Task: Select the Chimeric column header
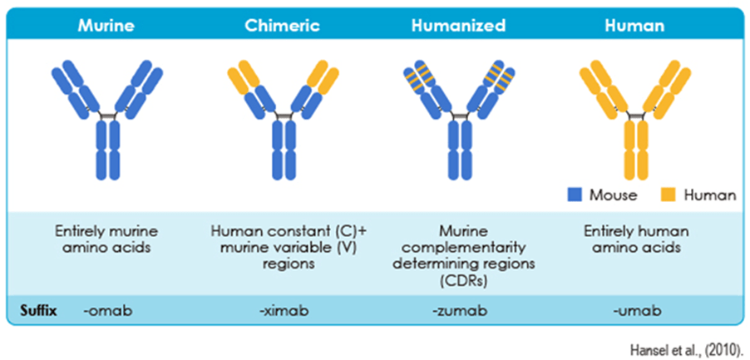pyautogui.click(x=281, y=26)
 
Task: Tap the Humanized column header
pyautogui.click(x=458, y=26)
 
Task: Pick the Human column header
pyautogui.click(x=635, y=26)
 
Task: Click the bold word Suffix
pyautogui.click(x=40, y=311)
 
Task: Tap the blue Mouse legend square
pyautogui.click(x=573, y=195)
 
